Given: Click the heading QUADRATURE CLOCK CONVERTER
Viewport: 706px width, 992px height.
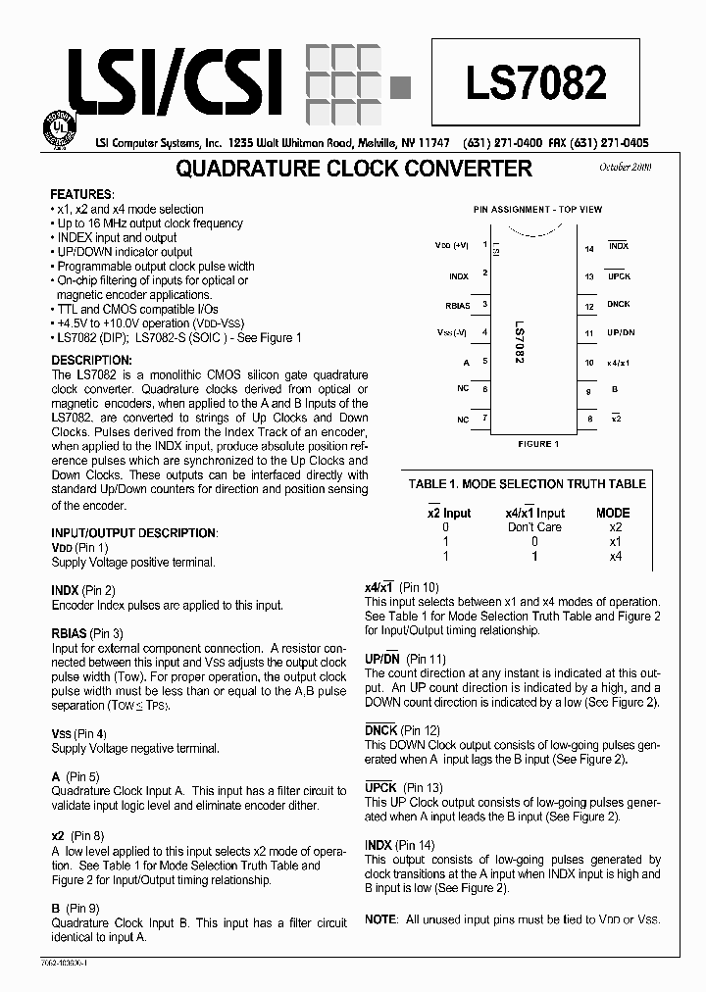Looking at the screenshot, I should [353, 169].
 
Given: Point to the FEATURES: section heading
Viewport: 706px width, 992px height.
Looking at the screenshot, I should [81, 194].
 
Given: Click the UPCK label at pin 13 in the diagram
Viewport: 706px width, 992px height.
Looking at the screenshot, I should [619, 276].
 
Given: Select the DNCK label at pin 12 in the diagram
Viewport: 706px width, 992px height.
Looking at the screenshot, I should [619, 305].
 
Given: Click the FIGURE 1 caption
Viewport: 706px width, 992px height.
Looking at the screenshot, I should [537, 444].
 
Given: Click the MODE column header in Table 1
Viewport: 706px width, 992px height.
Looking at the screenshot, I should [613, 513].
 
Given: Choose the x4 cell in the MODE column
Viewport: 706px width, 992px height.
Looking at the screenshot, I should [615, 556].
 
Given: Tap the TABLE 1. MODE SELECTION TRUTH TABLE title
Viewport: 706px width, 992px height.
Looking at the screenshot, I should [527, 483].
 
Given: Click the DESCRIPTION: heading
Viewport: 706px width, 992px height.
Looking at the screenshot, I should [91, 361].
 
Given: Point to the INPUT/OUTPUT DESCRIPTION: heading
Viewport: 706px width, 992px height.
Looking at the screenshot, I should [133, 533].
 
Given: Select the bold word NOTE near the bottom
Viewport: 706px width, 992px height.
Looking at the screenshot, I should [379, 918].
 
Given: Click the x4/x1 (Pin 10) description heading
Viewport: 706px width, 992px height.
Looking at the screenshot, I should [402, 587].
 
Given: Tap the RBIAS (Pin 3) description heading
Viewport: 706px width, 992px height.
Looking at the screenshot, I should [87, 634].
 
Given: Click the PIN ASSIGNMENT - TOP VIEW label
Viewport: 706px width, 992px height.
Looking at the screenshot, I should [537, 209].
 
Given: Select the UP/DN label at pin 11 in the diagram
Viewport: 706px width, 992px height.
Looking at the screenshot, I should [621, 333].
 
